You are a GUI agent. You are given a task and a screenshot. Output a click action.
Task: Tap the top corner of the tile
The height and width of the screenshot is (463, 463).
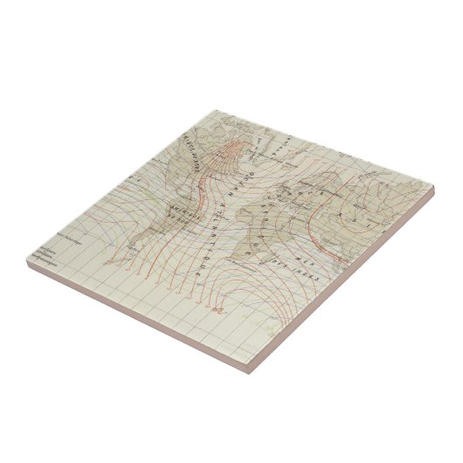pos(216,110)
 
